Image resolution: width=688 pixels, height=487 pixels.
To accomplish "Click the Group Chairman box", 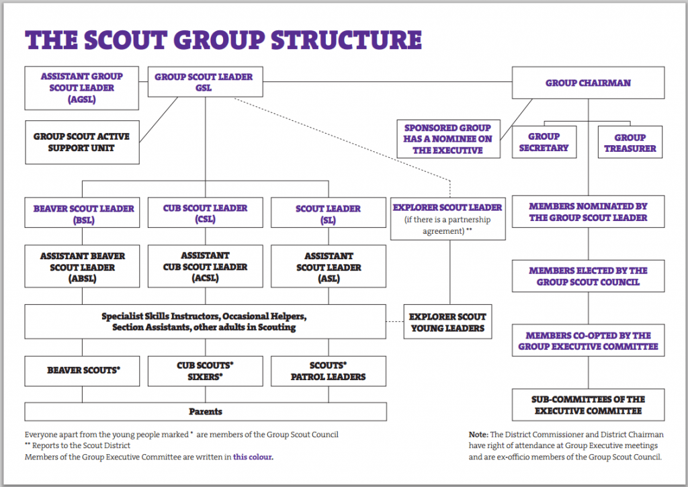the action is point(588,83).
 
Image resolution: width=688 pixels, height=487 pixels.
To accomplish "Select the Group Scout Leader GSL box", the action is point(206,81).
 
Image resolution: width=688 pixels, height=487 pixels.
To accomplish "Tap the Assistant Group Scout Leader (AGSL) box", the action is point(81,88).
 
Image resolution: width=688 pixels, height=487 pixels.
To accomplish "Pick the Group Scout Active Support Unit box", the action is point(82,142).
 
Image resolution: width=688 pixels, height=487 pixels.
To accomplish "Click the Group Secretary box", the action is point(544,142).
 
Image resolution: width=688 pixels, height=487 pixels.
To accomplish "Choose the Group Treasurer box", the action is point(630,142).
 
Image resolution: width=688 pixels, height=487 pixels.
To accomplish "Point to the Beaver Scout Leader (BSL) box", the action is point(82,213).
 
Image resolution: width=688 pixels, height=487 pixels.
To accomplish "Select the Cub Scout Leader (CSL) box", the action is point(206,213).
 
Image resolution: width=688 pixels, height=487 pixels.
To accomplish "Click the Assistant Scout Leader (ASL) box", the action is point(329,266).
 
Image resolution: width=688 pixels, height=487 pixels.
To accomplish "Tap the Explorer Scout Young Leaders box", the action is point(447,322).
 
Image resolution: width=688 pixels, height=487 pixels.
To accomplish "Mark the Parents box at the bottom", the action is point(206,412).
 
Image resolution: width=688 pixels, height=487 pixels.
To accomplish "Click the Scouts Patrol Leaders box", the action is point(329,371).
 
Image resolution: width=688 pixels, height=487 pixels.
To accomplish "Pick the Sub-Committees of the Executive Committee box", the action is point(588,405).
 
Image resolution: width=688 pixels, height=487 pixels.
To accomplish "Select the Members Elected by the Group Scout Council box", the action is point(588,276).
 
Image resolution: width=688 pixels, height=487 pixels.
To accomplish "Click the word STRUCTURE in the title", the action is point(346,40).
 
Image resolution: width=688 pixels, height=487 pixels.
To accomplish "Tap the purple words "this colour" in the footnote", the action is point(253,457).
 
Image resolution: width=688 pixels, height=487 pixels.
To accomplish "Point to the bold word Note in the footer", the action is point(478,435).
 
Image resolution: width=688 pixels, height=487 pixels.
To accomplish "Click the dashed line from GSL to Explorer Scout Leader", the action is point(342,139).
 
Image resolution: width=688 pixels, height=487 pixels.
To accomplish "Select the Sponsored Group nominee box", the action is point(448,138).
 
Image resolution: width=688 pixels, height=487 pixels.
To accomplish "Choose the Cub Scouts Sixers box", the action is point(206,371).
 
